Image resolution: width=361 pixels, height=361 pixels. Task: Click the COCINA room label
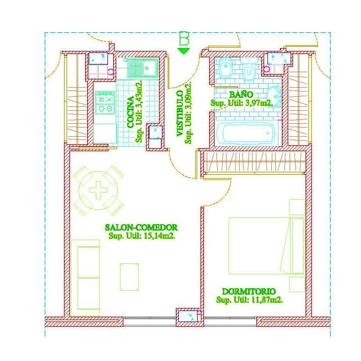pyautogui.click(x=131, y=112)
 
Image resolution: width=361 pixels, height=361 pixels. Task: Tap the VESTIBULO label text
pyautogui.click(x=180, y=113)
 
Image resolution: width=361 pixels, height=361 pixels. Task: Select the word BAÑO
pyautogui.click(x=241, y=94)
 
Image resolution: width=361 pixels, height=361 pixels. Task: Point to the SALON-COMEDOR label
pyautogui.click(x=141, y=228)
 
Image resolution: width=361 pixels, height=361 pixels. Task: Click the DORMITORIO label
pyautogui.click(x=249, y=292)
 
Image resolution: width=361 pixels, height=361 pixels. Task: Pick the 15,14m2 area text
pyautogui.click(x=159, y=236)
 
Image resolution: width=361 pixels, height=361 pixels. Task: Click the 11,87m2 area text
pyautogui.click(x=267, y=300)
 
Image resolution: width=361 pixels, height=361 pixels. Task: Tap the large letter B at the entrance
pyautogui.click(x=184, y=38)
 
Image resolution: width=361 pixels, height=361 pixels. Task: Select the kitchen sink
pyautogui.click(x=143, y=68)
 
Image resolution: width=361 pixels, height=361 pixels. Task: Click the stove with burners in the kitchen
pyautogui.click(x=105, y=103)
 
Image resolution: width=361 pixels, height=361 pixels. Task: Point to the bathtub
pyautogui.click(x=246, y=133)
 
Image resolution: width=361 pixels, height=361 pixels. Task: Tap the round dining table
pyautogui.click(x=98, y=190)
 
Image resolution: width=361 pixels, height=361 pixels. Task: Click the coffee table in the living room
pyautogui.click(x=129, y=277)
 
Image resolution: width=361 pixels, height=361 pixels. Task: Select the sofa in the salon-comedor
pyautogui.click(x=85, y=278)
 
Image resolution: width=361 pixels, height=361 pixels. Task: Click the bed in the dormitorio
pyautogui.click(x=267, y=245)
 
